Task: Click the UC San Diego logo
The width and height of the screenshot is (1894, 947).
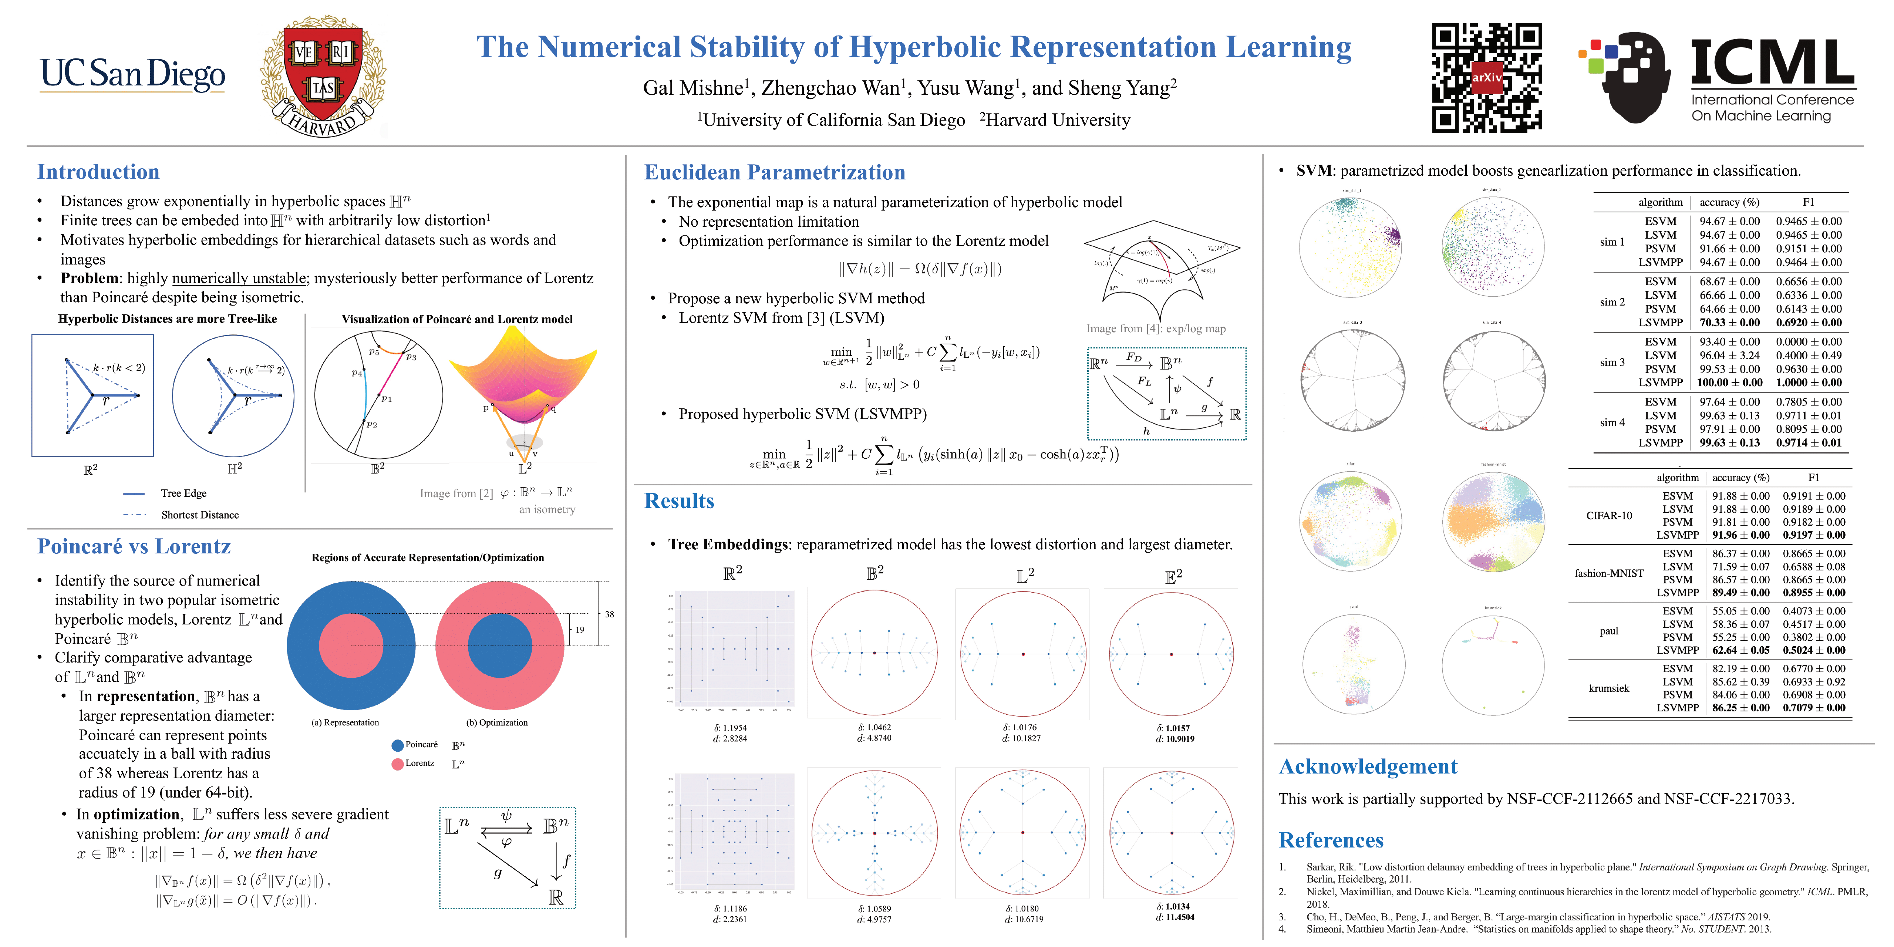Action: [132, 74]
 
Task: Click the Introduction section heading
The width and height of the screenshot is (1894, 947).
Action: [98, 172]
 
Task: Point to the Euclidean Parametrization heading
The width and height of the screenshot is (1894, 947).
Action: [774, 172]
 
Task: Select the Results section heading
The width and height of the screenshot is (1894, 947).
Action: [679, 501]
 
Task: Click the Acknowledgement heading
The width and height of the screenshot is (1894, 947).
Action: [1368, 766]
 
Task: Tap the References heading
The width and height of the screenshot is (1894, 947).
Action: [1331, 840]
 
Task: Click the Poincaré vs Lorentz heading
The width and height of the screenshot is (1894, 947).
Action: [134, 546]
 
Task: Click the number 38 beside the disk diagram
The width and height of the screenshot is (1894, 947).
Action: [610, 614]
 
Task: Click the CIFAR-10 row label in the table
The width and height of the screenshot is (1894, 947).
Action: [1609, 515]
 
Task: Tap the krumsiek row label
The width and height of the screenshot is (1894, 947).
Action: [1609, 688]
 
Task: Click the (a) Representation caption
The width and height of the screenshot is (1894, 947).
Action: [346, 723]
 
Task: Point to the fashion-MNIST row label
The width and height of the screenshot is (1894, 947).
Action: [1609, 573]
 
